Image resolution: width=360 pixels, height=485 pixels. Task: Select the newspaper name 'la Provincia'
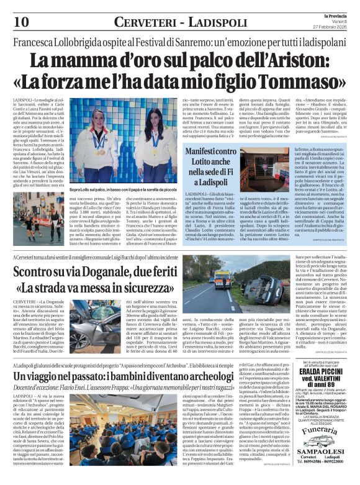point(328,15)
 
